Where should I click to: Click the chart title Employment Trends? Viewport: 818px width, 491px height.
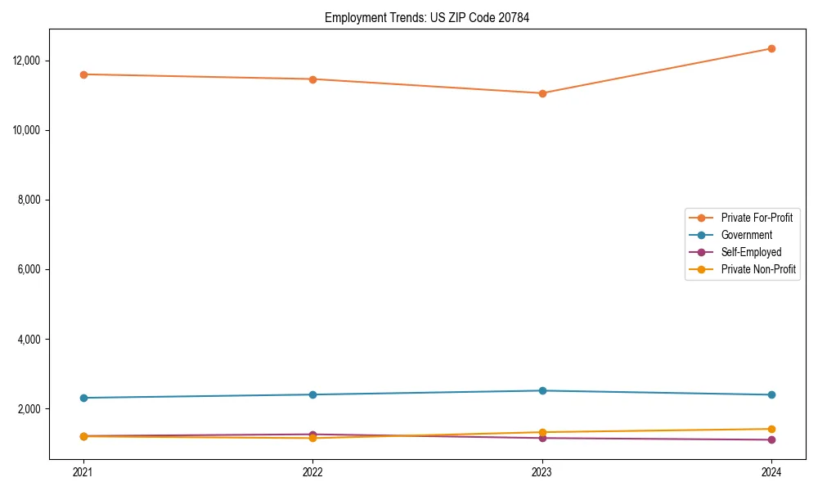click(427, 17)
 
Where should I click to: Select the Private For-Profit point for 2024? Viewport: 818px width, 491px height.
click(771, 48)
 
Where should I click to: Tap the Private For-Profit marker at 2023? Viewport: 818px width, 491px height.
click(542, 93)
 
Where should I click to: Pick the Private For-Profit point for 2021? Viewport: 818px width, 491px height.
click(83, 74)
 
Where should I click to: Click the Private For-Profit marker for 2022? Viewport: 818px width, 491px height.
click(312, 79)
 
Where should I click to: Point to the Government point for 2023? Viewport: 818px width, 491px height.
click(542, 390)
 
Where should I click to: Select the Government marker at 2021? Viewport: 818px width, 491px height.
click(83, 398)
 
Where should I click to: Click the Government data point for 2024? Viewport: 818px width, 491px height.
click(771, 394)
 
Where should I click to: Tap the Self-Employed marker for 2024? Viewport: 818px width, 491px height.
click(771, 439)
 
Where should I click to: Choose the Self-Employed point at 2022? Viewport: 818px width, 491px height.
click(312, 435)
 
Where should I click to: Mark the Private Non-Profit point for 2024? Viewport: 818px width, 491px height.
click(771, 429)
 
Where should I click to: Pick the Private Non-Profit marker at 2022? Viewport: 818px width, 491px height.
click(312, 438)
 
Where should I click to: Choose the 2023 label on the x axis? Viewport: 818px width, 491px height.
click(542, 472)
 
